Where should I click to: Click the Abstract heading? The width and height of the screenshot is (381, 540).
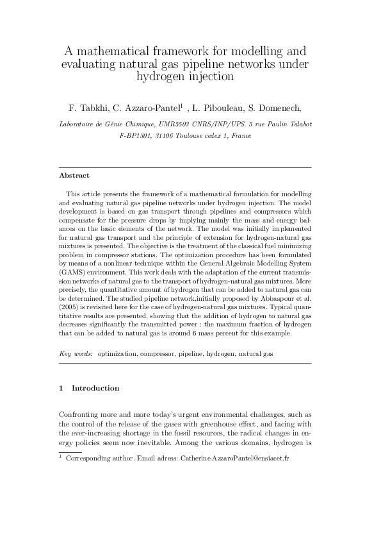tap(74, 175)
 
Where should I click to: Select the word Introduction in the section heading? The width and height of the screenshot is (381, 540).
tap(95, 388)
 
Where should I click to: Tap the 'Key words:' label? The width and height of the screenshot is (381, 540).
tap(76, 353)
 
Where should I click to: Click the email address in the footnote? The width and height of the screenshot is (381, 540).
tap(236, 460)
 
